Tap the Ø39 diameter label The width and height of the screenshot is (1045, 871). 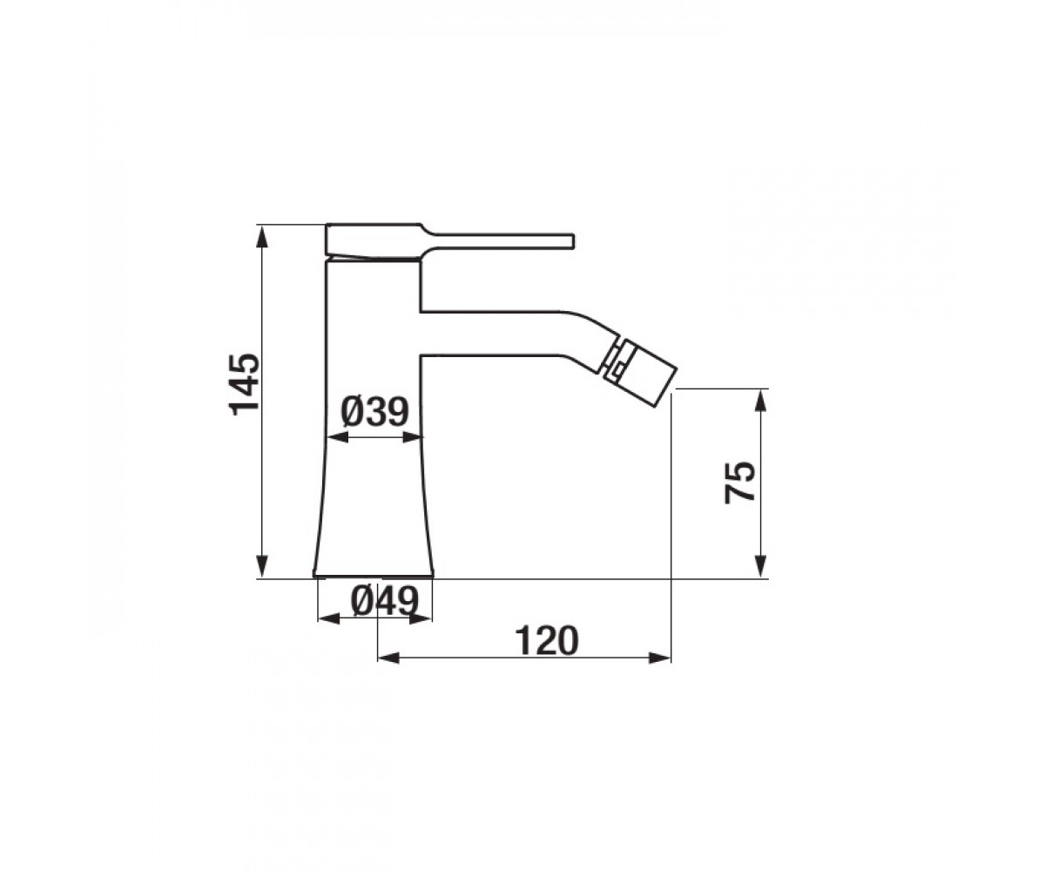[x=374, y=413]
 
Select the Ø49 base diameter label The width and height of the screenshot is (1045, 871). [x=384, y=602]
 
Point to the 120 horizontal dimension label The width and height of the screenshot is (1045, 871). [x=547, y=641]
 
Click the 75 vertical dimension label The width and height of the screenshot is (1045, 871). [x=739, y=482]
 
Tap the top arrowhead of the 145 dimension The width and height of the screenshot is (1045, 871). [x=262, y=236]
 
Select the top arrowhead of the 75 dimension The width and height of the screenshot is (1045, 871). [x=760, y=402]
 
